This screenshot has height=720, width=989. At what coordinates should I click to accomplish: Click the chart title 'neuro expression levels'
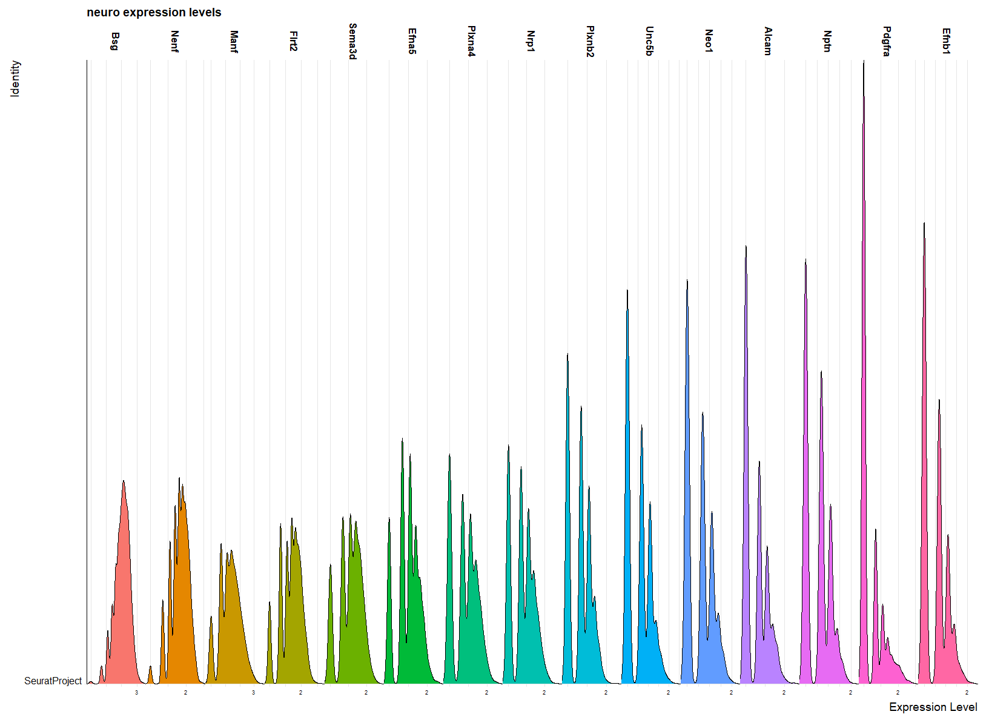tap(154, 13)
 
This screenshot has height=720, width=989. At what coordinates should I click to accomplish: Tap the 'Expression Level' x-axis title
tap(933, 707)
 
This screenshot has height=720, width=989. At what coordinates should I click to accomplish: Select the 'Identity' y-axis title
tap(15, 78)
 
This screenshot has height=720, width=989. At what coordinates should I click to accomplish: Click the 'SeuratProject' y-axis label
tap(53, 681)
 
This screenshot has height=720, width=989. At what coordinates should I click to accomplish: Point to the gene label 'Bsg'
tap(115, 41)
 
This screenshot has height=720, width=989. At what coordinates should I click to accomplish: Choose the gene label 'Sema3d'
tap(353, 41)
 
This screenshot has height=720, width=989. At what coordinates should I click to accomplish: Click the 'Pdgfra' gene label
tap(887, 41)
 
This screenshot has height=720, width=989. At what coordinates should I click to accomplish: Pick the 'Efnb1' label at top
tap(946, 41)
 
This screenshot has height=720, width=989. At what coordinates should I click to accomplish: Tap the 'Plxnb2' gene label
tap(590, 41)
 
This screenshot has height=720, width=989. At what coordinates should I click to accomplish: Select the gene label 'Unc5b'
tap(649, 41)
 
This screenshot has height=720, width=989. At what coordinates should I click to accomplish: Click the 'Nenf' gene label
tap(174, 41)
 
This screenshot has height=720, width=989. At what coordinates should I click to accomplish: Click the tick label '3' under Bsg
tap(136, 693)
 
